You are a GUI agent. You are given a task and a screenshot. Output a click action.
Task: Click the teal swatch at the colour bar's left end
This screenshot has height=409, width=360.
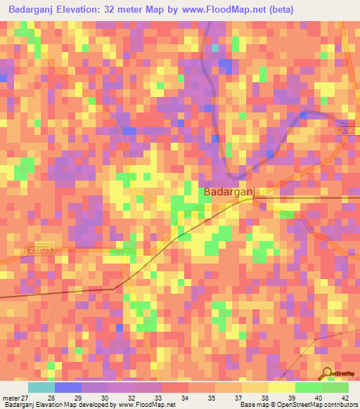[41, 387]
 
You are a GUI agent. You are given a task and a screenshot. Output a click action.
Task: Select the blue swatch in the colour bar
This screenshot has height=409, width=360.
[67, 387]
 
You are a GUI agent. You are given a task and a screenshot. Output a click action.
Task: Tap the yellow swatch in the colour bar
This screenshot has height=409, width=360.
[281, 387]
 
